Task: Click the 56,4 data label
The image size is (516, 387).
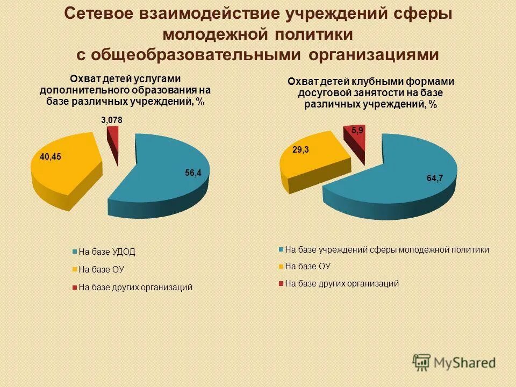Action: [x=193, y=173]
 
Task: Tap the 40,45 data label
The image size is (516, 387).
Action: [x=51, y=157]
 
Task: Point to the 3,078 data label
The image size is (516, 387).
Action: [x=112, y=120]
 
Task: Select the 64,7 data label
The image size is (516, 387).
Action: [x=435, y=178]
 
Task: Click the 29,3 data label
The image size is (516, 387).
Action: [x=300, y=151]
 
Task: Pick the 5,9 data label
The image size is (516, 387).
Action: [x=357, y=131]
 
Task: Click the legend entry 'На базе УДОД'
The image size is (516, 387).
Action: [x=107, y=252]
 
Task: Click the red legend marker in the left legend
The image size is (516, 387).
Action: [x=74, y=288]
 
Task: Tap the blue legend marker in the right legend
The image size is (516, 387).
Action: [x=281, y=249]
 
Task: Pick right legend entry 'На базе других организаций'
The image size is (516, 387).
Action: [x=342, y=283]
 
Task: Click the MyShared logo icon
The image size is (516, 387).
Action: [x=422, y=362]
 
